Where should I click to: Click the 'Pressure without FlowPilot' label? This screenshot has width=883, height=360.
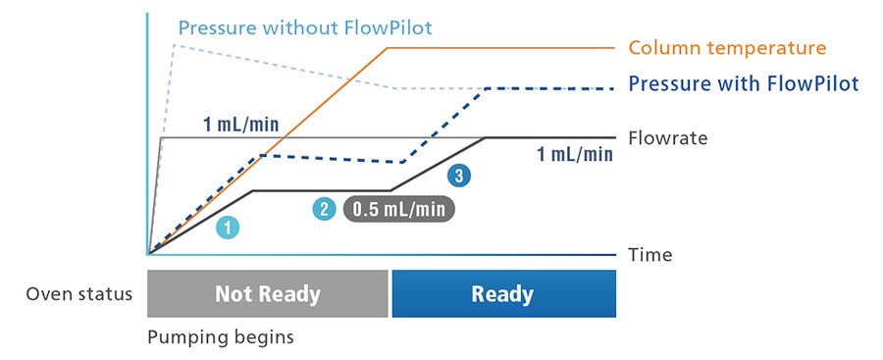[x=304, y=26]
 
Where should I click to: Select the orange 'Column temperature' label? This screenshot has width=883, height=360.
[x=727, y=48]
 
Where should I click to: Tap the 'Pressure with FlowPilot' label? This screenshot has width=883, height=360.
[x=744, y=83]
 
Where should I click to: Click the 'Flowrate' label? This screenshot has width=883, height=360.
[x=668, y=138]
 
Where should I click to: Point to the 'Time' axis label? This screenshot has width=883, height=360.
[x=650, y=255]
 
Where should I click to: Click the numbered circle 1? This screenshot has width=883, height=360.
[x=228, y=228]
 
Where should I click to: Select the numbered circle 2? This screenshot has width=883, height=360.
[x=325, y=208]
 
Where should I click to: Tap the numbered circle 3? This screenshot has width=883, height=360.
[x=458, y=177]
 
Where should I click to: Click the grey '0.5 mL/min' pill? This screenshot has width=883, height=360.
[x=399, y=208]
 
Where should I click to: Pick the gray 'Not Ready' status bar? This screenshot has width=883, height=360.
[x=268, y=294]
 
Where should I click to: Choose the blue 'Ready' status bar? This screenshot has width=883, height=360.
[x=503, y=294]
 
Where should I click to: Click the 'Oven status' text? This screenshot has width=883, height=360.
[x=79, y=294]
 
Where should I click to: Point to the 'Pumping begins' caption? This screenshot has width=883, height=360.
[x=221, y=337]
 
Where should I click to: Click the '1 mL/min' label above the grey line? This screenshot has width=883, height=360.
[x=240, y=124]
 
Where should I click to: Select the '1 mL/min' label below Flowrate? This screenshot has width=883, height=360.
[x=575, y=154]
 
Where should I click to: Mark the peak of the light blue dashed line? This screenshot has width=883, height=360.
[x=175, y=44]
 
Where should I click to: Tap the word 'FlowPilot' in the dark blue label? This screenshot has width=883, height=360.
[x=810, y=83]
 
